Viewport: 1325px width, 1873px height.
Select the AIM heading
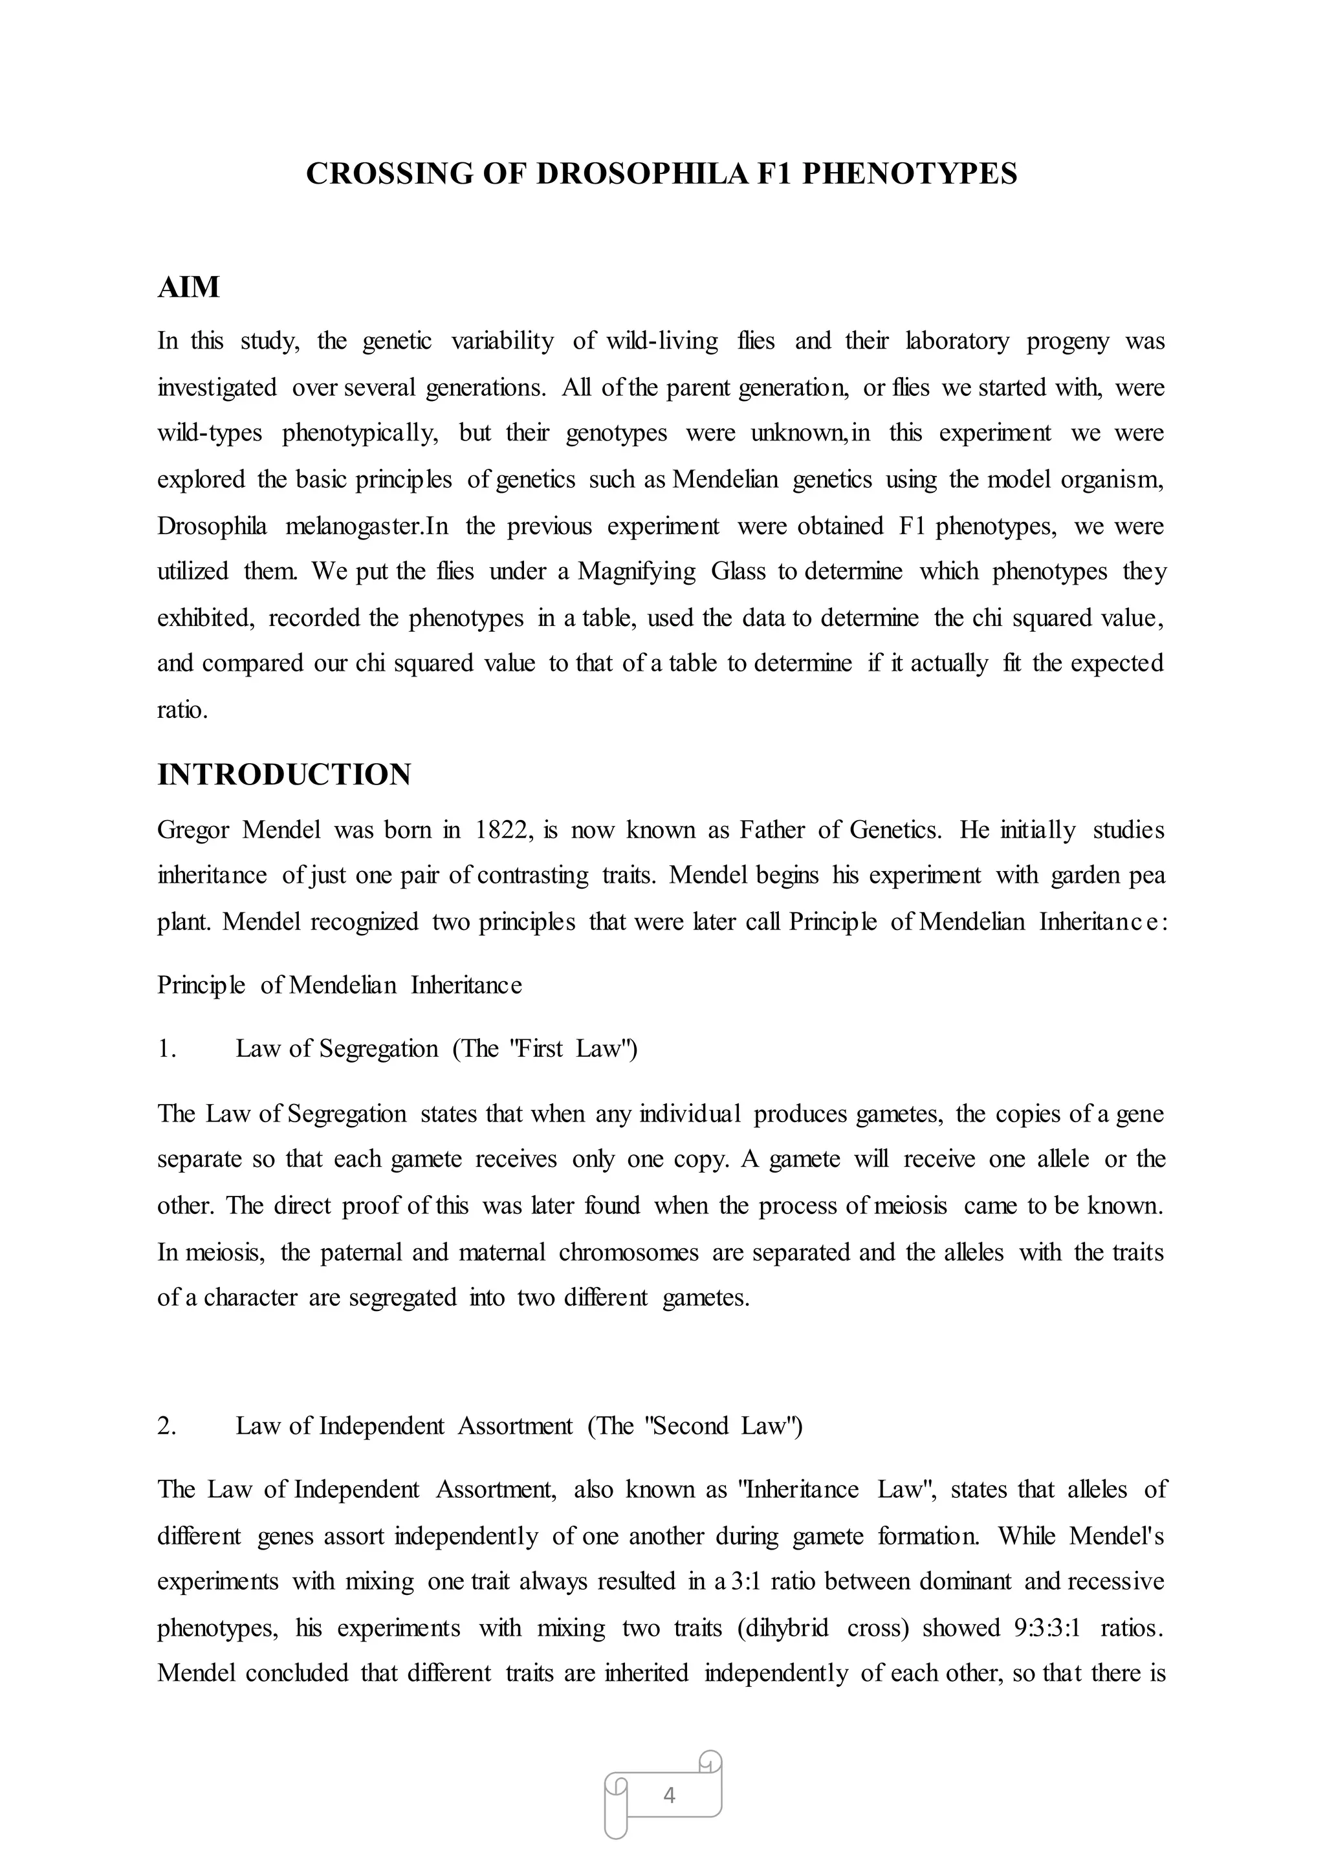click(188, 287)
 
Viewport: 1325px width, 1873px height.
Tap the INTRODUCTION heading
click(284, 774)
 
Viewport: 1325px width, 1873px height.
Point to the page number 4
click(669, 1795)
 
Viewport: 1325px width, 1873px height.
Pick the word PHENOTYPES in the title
click(910, 174)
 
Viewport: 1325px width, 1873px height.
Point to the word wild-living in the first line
click(662, 340)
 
